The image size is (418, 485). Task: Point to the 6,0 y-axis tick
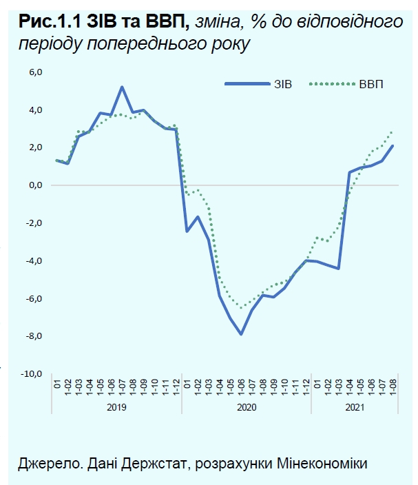[x=35, y=72]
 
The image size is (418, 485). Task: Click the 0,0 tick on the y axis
[x=35, y=185]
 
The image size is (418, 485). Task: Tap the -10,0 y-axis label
[x=32, y=374]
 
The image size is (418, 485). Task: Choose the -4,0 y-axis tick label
[x=34, y=261]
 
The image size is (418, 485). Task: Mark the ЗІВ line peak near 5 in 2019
[x=122, y=87]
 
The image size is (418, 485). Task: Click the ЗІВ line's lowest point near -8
[x=241, y=334]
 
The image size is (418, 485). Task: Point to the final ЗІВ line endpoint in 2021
[x=393, y=145]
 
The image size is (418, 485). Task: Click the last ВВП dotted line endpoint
[x=393, y=132]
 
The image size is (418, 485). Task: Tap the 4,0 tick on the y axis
[x=35, y=110]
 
